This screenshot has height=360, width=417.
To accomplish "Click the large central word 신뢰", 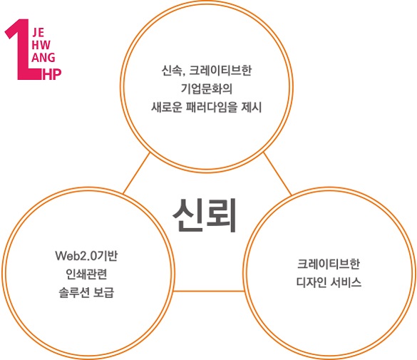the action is (x=205, y=215).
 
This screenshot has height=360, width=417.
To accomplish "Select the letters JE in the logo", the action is (x=38, y=33).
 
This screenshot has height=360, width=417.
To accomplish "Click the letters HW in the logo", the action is (x=41, y=45).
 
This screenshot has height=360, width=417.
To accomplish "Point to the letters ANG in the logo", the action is (x=43, y=58).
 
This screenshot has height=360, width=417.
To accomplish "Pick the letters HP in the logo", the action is (x=52, y=74).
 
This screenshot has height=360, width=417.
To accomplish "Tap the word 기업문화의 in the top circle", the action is (x=207, y=89).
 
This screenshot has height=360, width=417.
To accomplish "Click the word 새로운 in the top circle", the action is (x=167, y=107).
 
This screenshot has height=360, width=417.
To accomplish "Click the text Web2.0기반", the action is (x=86, y=256).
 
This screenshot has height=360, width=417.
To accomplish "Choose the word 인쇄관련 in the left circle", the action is (x=86, y=274).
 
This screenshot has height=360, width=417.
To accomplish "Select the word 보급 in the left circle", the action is (x=104, y=292).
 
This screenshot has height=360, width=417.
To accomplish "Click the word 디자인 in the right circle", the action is (x=312, y=282).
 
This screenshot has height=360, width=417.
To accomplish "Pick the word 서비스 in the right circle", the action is (x=346, y=282).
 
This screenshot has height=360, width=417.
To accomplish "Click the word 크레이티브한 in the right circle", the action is (x=329, y=264).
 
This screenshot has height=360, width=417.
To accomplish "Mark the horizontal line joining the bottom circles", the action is (x=208, y=291).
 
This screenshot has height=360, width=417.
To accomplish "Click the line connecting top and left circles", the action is (x=137, y=173).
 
